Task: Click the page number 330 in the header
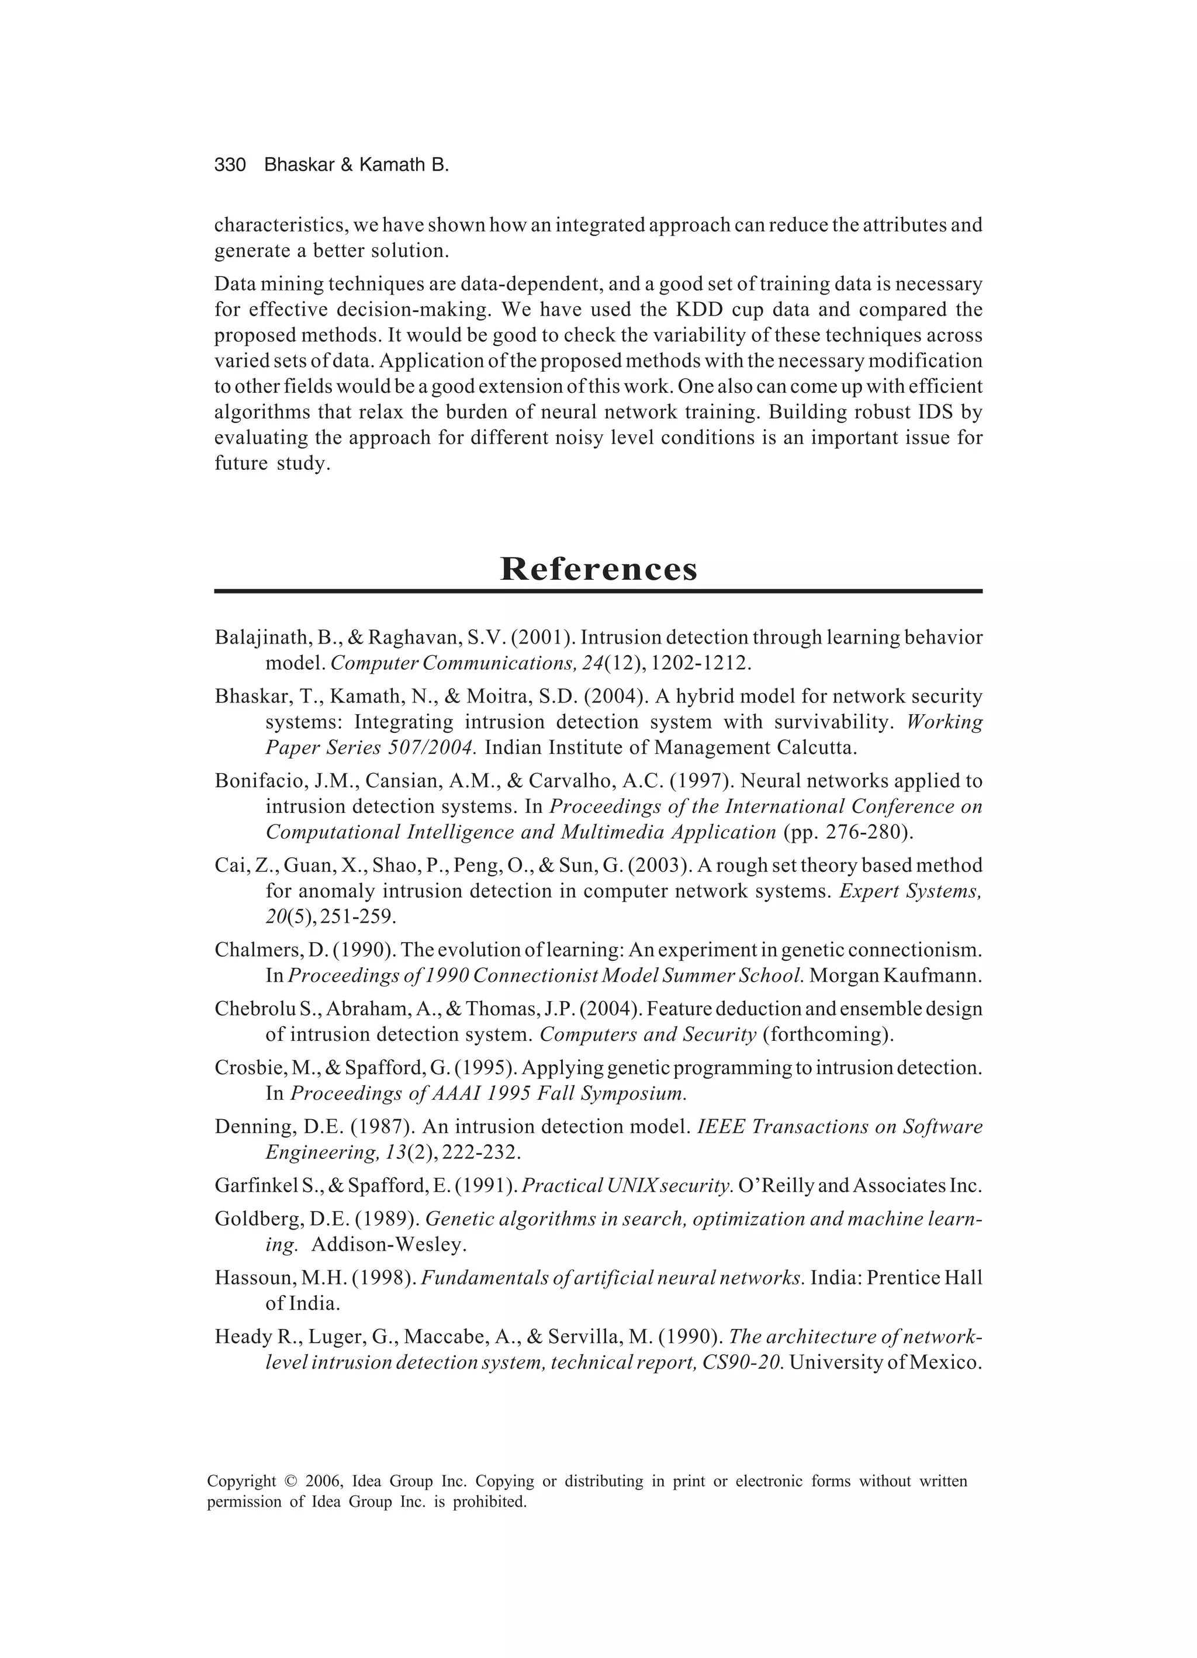pos(230,165)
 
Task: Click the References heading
pos(598,569)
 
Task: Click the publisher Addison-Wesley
pos(389,1244)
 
